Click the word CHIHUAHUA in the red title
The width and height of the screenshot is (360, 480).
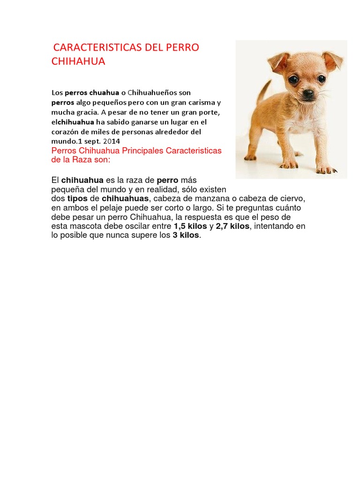click(x=78, y=61)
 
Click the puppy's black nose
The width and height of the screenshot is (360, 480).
click(x=308, y=94)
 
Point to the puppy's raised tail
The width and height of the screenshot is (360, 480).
click(x=263, y=91)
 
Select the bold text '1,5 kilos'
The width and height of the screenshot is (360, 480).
click(x=190, y=226)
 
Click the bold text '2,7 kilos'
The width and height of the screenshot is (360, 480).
click(x=233, y=226)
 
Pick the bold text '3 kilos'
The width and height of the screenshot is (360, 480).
click(x=186, y=235)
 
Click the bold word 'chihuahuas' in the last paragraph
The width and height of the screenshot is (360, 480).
click(x=125, y=198)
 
